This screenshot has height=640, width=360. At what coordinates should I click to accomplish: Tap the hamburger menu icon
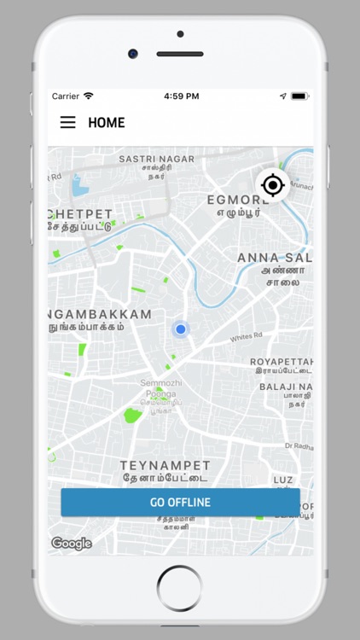click(x=67, y=123)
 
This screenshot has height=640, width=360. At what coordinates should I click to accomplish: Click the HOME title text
click(x=107, y=123)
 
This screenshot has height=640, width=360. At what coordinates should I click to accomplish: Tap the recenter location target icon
click(x=272, y=184)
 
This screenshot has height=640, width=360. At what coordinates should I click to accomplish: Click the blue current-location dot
click(x=180, y=329)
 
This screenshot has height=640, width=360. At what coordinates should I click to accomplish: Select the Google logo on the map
click(x=72, y=544)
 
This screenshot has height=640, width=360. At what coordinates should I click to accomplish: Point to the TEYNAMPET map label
click(x=165, y=466)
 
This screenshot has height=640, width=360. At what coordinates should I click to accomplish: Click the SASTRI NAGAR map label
click(x=156, y=159)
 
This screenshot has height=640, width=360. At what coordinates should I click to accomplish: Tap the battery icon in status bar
click(x=299, y=96)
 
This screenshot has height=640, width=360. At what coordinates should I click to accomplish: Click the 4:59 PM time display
click(x=180, y=96)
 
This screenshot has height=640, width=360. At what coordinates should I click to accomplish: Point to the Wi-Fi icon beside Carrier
click(x=89, y=96)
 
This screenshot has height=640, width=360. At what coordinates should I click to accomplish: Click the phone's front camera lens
click(x=133, y=53)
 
